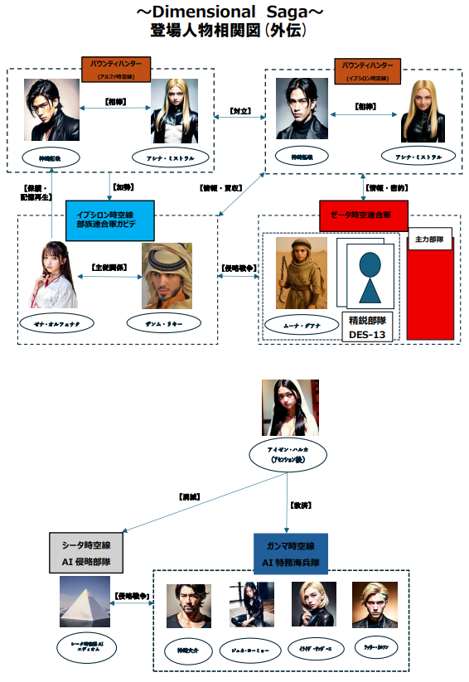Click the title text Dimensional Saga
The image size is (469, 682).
pyautogui.click(x=234, y=12)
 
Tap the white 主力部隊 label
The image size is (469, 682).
pyautogui.click(x=429, y=239)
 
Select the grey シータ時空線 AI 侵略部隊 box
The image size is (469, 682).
pyautogui.click(x=85, y=554)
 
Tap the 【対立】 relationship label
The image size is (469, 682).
pyautogui.click(x=239, y=109)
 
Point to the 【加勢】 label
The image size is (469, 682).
pyautogui.click(x=122, y=186)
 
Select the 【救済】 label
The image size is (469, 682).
pyautogui.click(x=301, y=504)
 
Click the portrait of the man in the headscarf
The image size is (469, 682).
pyautogui.click(x=167, y=276)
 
